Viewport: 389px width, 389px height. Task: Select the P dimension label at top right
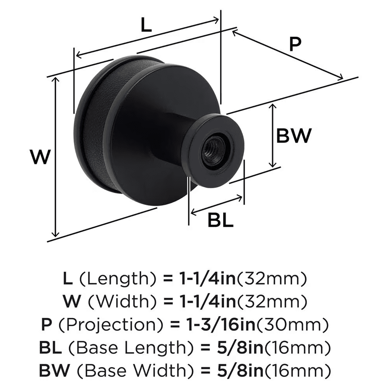point(295,45)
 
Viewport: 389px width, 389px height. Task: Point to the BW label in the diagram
point(294,136)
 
